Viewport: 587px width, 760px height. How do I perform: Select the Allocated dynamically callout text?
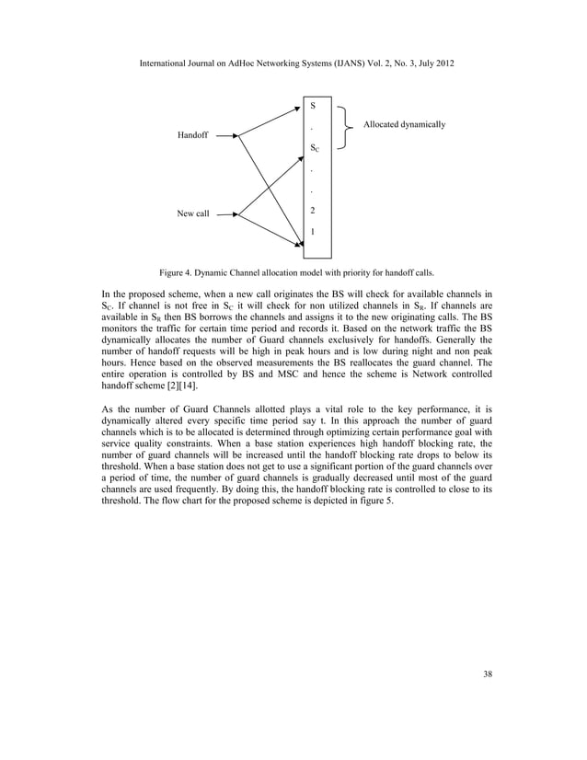[405, 123]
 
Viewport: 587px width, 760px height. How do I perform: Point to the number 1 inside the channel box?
[314, 232]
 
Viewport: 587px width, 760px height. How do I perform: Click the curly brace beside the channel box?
[346, 124]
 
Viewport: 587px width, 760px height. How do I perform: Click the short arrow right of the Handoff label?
[225, 135]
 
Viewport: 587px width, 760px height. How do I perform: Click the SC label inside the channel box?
[315, 148]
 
